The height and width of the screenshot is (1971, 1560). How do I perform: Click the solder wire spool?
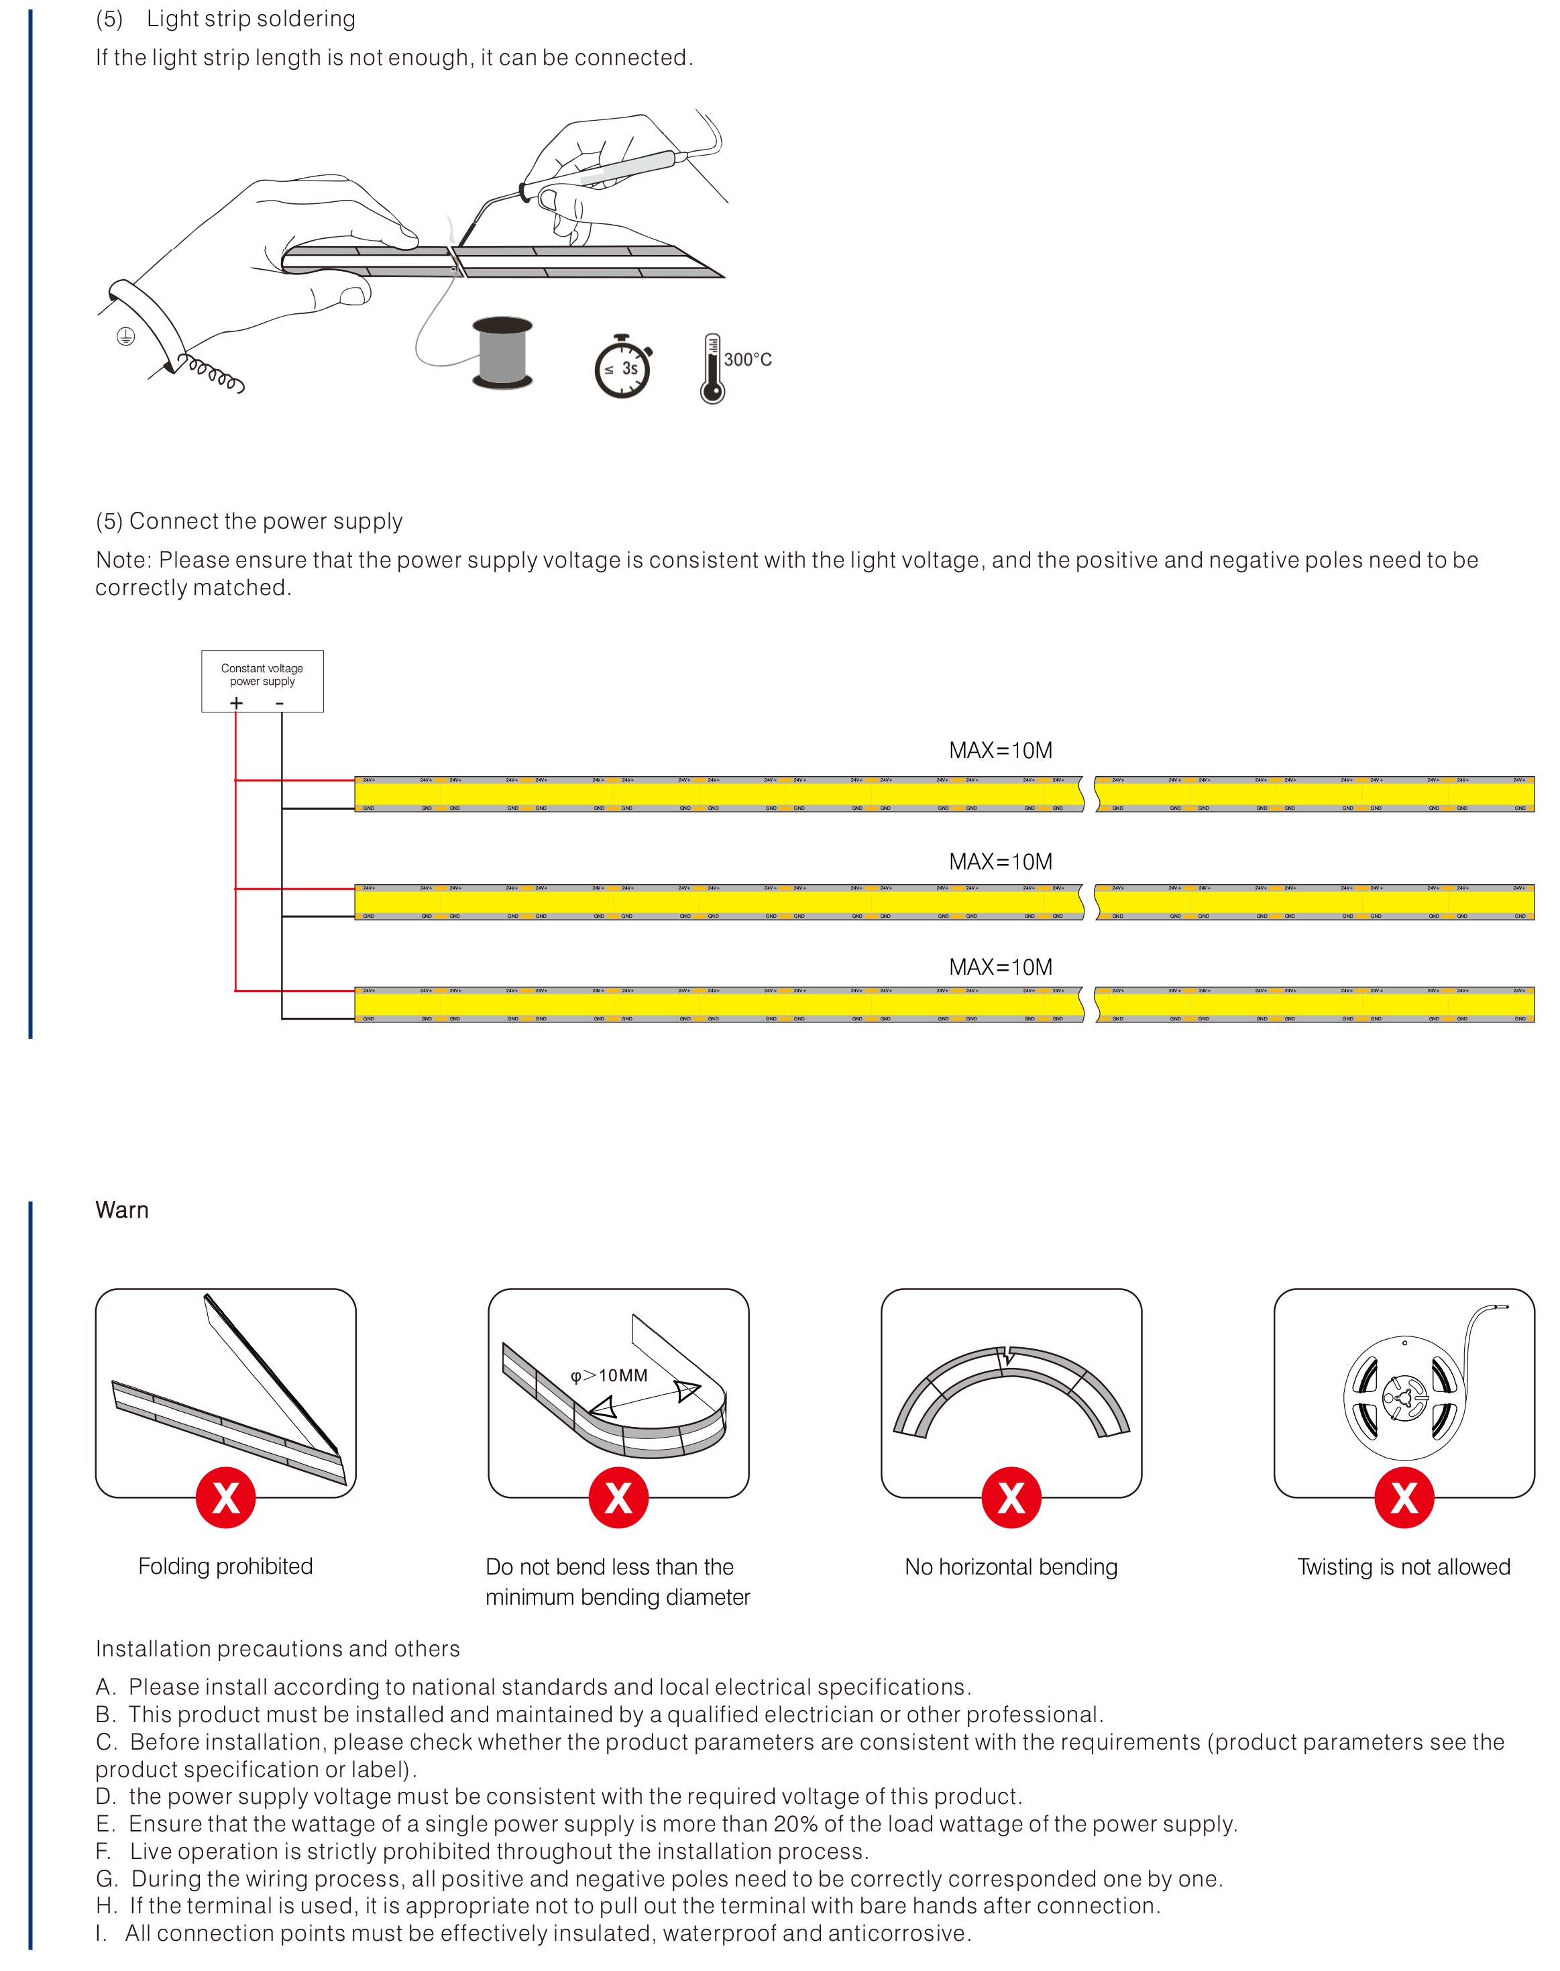502,354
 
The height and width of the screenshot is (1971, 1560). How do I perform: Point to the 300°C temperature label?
748,360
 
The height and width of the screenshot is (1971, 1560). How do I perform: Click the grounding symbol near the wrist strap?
126,337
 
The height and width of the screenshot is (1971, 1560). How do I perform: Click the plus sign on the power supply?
237,702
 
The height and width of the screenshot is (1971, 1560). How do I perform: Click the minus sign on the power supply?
280,703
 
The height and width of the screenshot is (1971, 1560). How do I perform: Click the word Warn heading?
121,1210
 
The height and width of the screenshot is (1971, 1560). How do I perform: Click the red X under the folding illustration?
225,1498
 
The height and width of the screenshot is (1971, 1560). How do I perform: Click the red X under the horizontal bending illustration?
1011,1498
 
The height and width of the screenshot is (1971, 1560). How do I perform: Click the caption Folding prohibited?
225,1566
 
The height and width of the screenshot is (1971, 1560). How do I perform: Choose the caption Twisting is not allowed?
1404,1567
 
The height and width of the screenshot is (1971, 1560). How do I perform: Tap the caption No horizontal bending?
1011,1567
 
